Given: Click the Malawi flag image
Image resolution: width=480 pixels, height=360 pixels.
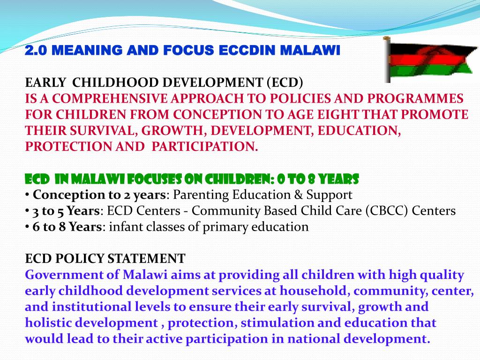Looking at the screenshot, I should (x=429, y=60).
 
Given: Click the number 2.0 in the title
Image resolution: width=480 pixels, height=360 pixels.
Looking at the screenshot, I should (x=33, y=50).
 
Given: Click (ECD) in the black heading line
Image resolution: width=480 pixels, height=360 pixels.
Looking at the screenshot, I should (x=285, y=83).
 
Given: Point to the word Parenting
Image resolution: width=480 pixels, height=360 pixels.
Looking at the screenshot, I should (x=200, y=195).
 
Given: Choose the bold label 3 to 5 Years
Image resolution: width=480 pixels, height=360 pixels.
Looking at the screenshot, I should (x=66, y=211).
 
